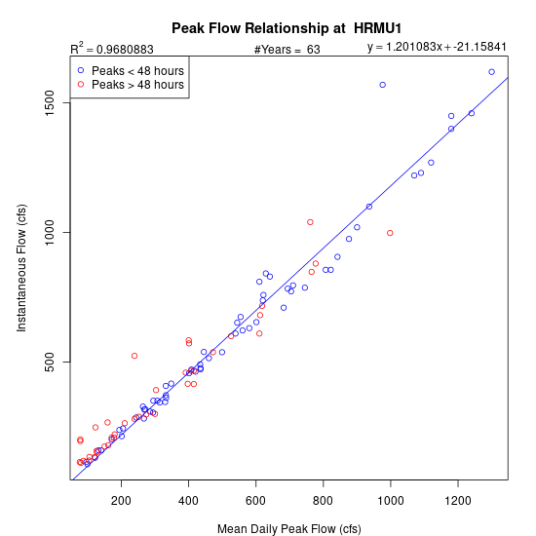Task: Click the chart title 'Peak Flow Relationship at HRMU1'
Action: pos(287,28)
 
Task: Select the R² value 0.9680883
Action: pos(125,50)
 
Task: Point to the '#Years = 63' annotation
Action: pos(287,50)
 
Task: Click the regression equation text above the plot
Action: pos(437,47)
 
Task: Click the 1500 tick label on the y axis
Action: pos(50,103)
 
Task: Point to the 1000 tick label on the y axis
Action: pos(50,233)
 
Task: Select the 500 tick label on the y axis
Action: pos(50,362)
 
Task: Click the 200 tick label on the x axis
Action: pos(121,501)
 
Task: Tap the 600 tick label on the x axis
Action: pos(255,501)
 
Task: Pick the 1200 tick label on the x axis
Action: pos(458,501)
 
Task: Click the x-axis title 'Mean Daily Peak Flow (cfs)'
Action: pos(289,529)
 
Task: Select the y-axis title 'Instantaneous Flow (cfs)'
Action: pos(21,268)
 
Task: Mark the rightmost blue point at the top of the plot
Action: pos(491,72)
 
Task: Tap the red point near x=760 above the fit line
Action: pos(310,222)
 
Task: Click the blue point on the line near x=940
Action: pos(369,207)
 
